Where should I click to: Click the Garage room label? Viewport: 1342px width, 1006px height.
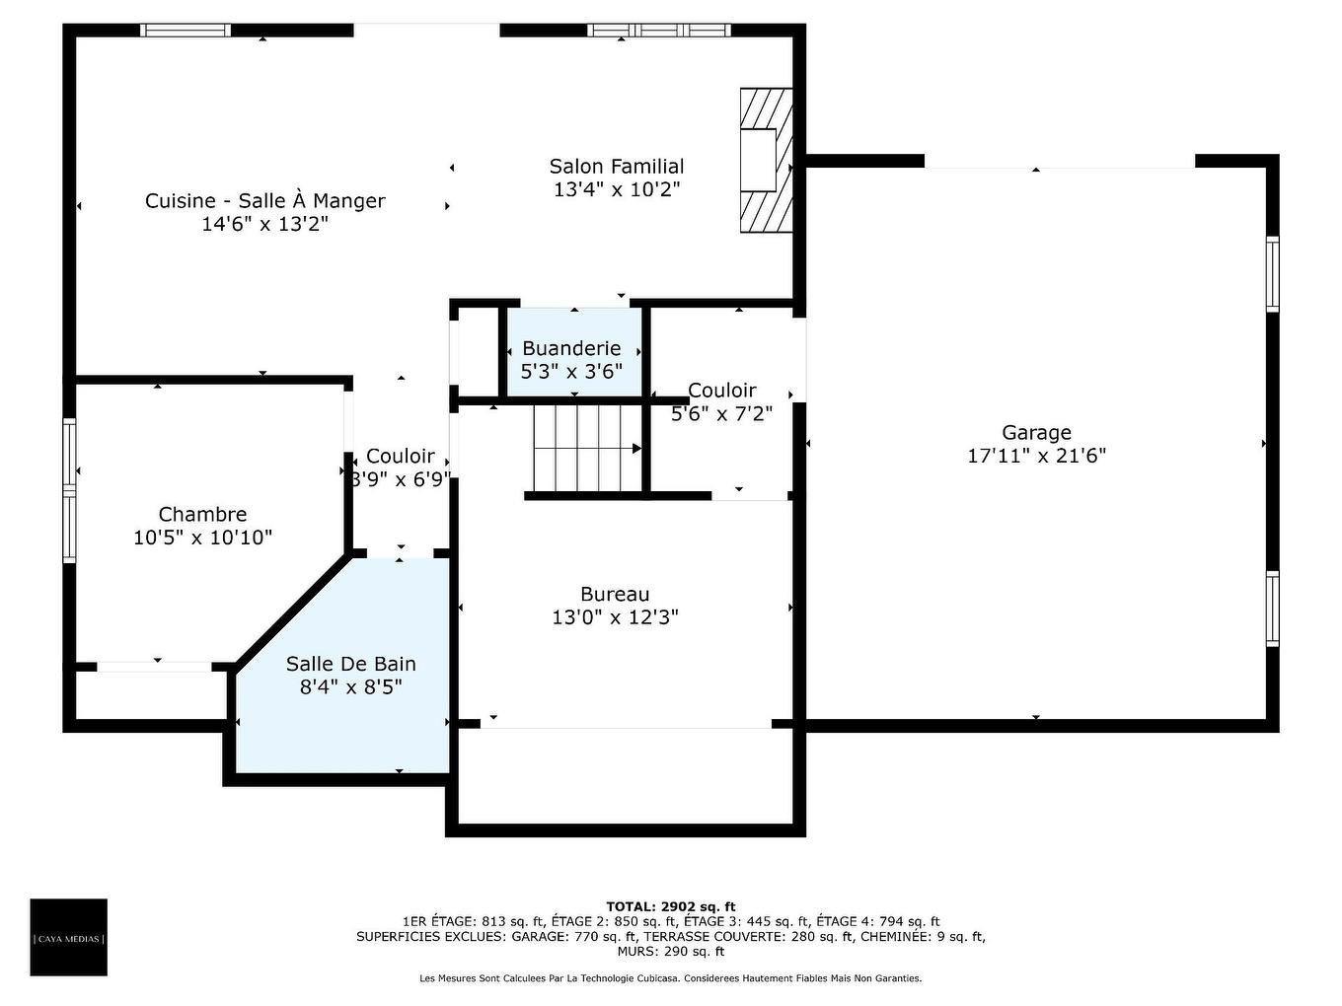pos(1036,432)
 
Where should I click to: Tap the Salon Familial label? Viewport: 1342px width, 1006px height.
pos(617,166)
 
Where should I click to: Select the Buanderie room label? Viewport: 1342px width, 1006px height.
pos(571,348)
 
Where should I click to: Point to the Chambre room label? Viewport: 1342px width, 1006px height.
pos(202,514)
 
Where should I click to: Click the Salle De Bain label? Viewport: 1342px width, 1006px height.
pos(351,664)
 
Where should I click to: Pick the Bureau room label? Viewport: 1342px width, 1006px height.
pos(615,595)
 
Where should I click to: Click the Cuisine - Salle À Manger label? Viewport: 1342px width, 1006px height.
pos(264,200)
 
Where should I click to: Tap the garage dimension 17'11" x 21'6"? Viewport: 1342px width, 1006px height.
pos(1037,456)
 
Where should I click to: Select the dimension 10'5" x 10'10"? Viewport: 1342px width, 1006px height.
pos(202,538)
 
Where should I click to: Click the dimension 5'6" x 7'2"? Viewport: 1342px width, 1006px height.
pos(721,414)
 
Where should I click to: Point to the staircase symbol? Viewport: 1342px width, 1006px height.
pos(587,449)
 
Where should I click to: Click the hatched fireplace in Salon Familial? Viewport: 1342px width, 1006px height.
pos(766,160)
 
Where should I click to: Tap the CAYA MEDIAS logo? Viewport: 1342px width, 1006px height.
pos(68,938)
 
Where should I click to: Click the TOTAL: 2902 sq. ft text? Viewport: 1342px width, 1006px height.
pos(671,906)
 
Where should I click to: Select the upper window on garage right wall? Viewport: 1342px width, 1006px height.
pos(1272,274)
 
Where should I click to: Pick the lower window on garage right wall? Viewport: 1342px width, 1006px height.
pos(1272,609)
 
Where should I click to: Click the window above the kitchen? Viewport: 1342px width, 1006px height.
pos(186,30)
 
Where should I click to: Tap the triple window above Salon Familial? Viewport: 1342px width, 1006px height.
pos(659,30)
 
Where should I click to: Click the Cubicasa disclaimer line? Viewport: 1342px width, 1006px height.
pos(671,978)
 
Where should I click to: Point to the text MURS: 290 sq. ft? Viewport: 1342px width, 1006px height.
pos(671,951)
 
